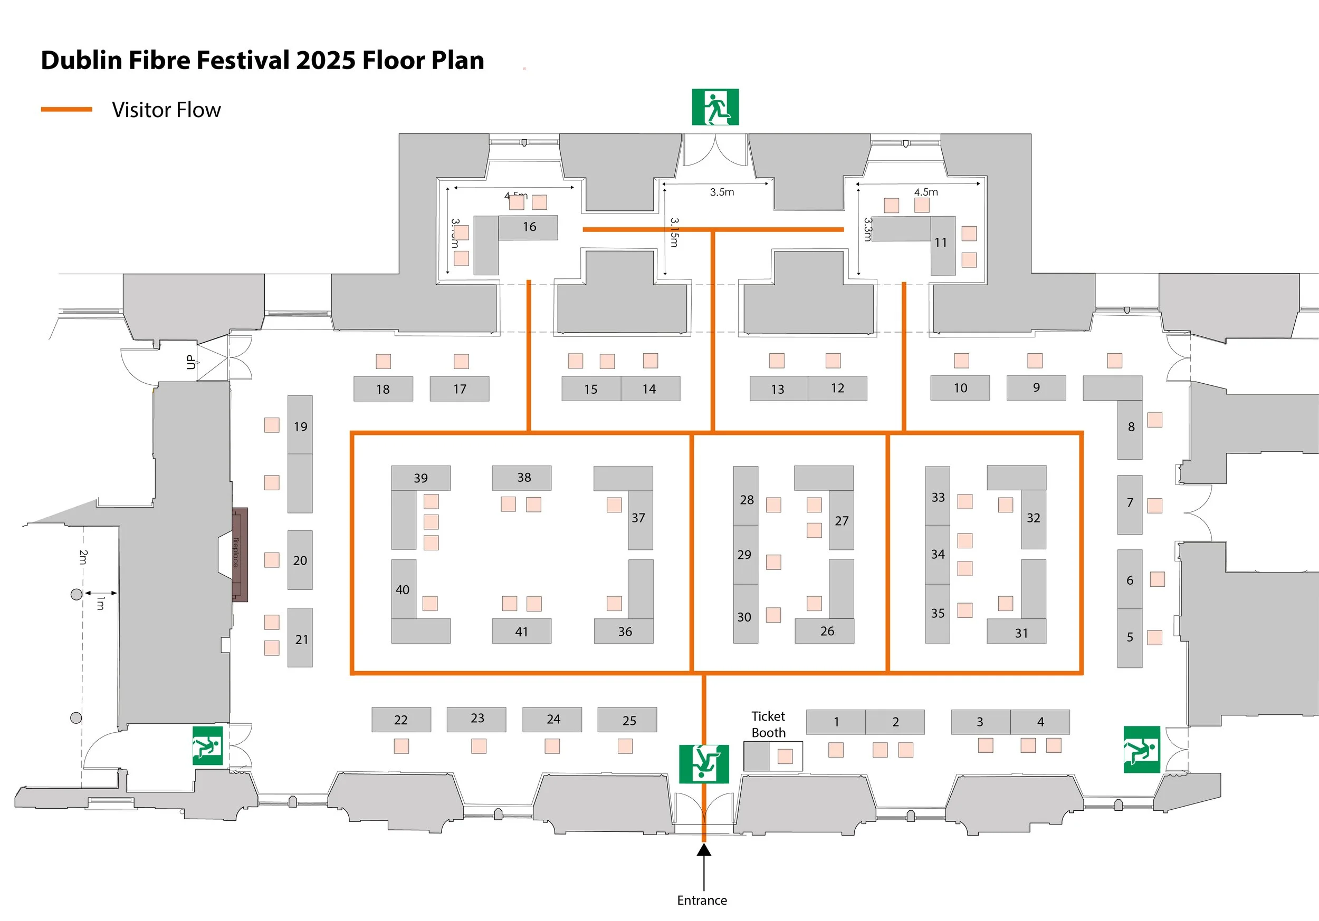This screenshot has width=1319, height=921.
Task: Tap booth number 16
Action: pos(529,227)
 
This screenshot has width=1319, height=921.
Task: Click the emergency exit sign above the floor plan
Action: pos(715,107)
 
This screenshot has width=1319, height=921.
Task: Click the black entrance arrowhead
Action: pos(704,849)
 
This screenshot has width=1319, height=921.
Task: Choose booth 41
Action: pos(521,632)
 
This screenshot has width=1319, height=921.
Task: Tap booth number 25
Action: pos(628,720)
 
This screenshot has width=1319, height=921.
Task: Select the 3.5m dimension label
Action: pos(722,192)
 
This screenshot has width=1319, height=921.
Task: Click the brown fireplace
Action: pos(240,554)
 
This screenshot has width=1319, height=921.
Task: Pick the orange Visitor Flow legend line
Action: pos(66,109)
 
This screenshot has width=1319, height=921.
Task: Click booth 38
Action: pos(523,477)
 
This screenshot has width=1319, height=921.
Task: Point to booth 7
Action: pos(1130,503)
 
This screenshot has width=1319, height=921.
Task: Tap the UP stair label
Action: pos(190,362)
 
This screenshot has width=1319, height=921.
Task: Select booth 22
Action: pos(400,720)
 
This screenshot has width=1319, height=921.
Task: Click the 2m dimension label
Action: pos(83,556)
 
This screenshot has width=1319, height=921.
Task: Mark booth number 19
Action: pos(300,426)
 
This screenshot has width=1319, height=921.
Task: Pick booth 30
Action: pos(744,617)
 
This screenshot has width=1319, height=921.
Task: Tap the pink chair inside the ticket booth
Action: pos(785,755)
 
